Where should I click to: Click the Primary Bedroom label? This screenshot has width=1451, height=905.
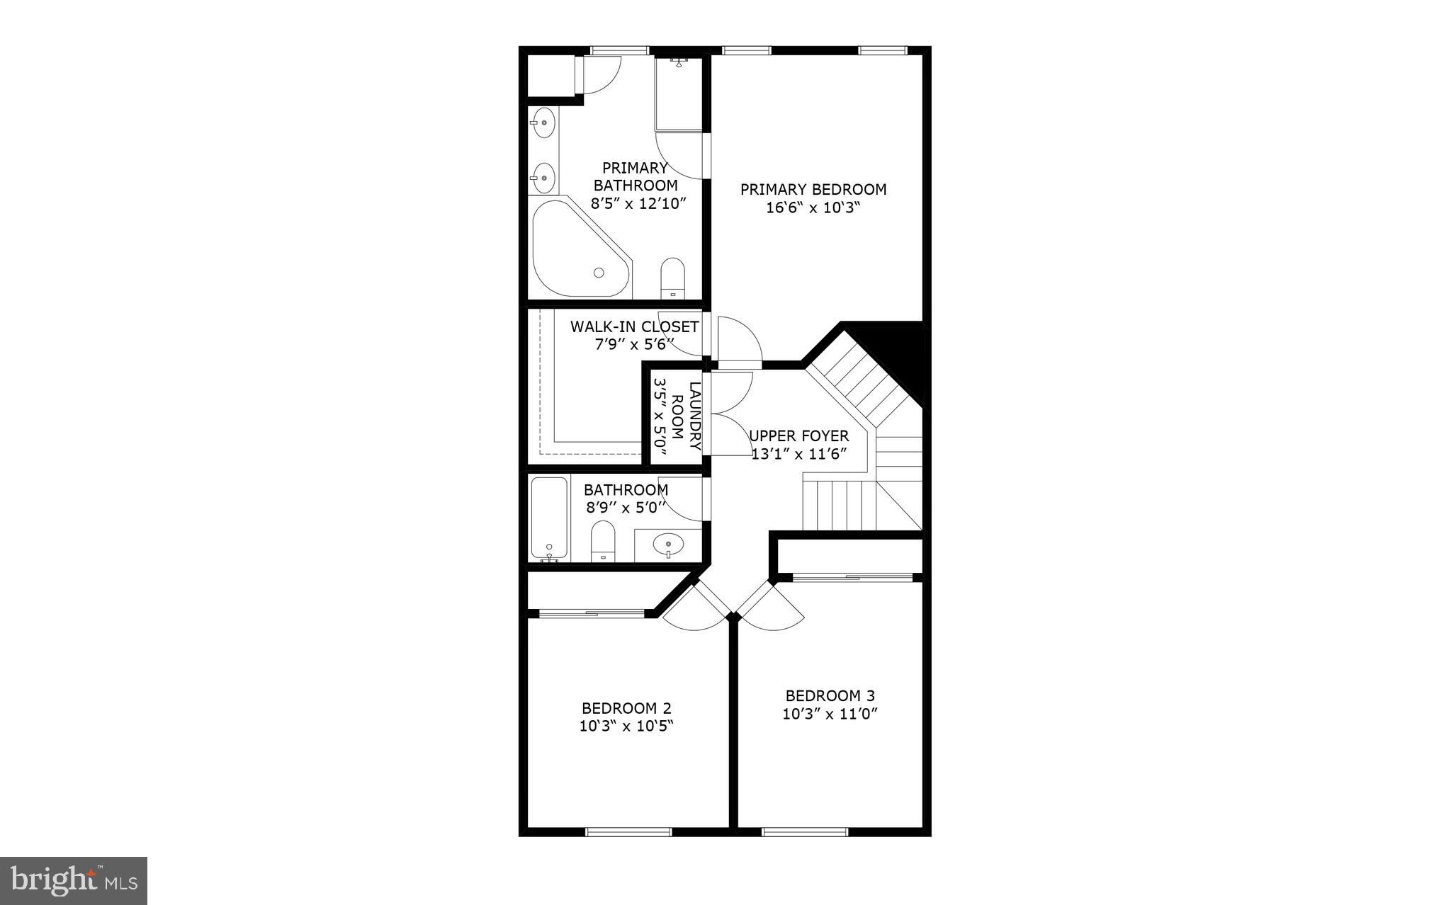(813, 190)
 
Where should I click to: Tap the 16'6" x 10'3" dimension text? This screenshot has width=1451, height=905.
(813, 209)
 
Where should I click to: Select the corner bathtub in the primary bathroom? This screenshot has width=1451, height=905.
(575, 251)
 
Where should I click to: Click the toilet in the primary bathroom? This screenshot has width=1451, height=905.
(672, 278)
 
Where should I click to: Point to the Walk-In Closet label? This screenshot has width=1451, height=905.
(634, 327)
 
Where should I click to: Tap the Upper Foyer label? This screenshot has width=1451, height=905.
(799, 436)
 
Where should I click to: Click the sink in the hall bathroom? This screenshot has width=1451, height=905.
(668, 545)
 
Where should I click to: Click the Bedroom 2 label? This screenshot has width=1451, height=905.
(626, 708)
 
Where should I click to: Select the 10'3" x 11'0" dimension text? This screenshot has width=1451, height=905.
(830, 715)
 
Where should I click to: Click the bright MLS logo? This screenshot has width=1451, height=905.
(74, 880)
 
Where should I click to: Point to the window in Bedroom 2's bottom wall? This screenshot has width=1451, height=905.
(628, 831)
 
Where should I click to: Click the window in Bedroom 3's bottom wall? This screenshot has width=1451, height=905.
(804, 831)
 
